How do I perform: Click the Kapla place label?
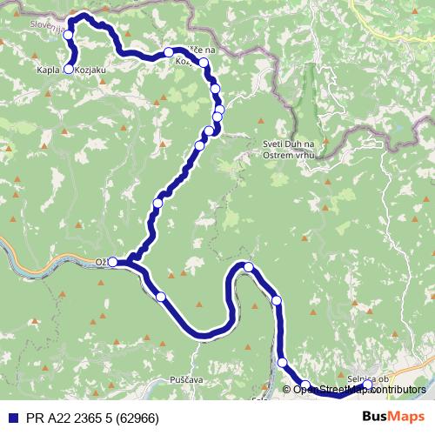point(49,69)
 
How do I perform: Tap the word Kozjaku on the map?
point(92,69)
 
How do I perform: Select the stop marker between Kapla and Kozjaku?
point(69,69)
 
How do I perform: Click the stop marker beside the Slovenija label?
point(68,35)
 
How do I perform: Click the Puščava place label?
point(211,380)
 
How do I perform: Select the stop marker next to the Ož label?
point(112,261)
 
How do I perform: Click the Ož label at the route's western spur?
point(100,261)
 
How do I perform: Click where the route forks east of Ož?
point(130,260)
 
